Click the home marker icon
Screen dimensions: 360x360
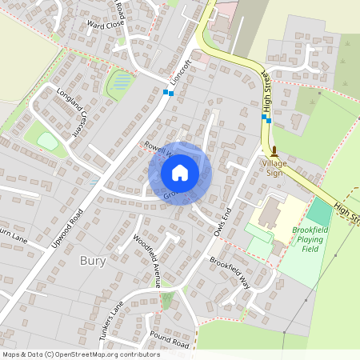tap(180, 173)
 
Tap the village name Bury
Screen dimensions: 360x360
tap(92, 261)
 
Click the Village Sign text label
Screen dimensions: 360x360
tap(274, 167)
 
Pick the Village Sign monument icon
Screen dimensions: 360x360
tap(274, 150)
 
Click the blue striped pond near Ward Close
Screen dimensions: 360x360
tap(122, 81)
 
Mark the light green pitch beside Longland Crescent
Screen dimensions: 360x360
tap(47, 142)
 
